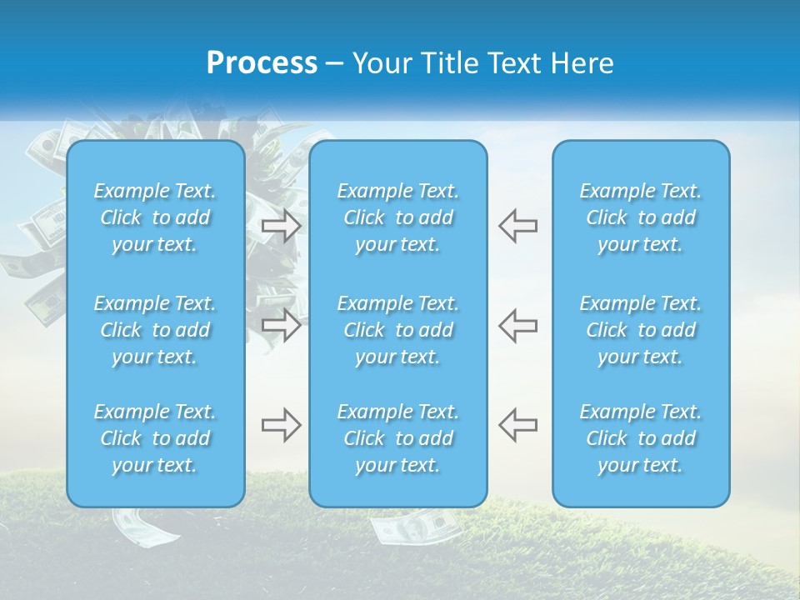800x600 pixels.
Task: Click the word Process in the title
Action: (262, 63)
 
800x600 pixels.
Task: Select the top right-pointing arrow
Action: (281, 226)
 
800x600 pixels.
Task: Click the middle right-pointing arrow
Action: (281, 324)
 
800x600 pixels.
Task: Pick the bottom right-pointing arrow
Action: (281, 425)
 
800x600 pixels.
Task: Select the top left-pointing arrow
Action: (518, 226)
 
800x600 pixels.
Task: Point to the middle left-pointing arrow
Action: (518, 324)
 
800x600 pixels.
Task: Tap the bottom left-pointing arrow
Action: (518, 425)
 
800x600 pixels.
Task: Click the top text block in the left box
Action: (155, 217)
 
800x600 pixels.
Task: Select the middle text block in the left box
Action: (155, 330)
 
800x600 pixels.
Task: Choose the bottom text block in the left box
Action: (155, 438)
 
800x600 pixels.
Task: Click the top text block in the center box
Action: (398, 217)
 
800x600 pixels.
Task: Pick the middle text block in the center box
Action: (398, 330)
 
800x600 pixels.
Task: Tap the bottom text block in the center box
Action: (398, 438)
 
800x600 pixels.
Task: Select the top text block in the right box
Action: (641, 217)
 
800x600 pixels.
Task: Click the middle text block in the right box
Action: (641, 330)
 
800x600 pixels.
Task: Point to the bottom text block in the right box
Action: (641, 438)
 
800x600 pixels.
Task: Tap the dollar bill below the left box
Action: (137, 524)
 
